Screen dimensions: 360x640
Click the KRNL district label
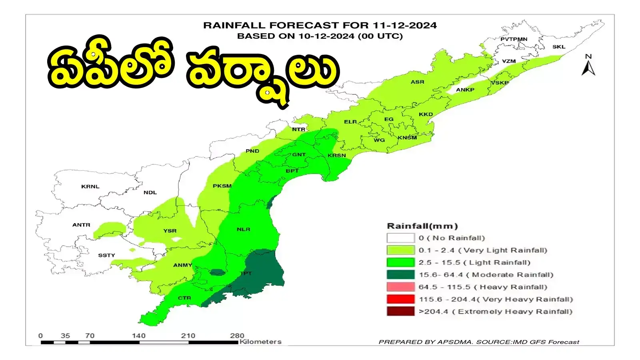pyautogui.click(x=90, y=186)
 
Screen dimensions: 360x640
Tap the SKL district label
pyautogui.click(x=559, y=47)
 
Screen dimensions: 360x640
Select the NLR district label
pyautogui.click(x=243, y=229)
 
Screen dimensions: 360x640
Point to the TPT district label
pyautogui.click(x=246, y=273)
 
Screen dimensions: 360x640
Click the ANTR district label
pyautogui.click(x=81, y=225)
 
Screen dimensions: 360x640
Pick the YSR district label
pyautogui.click(x=170, y=231)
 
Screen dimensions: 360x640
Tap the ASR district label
pyautogui.click(x=417, y=82)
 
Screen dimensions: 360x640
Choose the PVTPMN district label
pyautogui.click(x=514, y=39)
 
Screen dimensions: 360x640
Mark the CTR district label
pyautogui.click(x=184, y=298)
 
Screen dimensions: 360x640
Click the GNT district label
pyautogui.click(x=299, y=154)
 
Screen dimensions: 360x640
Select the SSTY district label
pyautogui.click(x=106, y=255)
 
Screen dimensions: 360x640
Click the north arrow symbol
pyautogui.click(x=588, y=66)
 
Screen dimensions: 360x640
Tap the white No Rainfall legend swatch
pyautogui.click(x=400, y=238)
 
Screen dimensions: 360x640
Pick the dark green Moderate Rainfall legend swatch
pyautogui.click(x=400, y=275)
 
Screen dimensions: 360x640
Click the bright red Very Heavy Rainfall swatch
pyautogui.click(x=400, y=299)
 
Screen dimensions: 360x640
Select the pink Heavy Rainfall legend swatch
pyautogui.click(x=400, y=287)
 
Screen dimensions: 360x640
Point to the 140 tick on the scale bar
pyautogui.click(x=139, y=336)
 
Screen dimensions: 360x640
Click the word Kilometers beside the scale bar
pyautogui.click(x=260, y=342)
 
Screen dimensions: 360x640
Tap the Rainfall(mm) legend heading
pyautogui.click(x=422, y=226)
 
